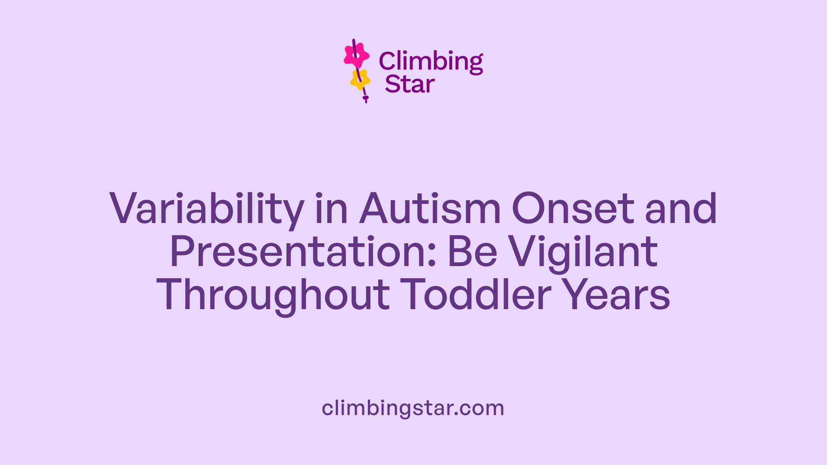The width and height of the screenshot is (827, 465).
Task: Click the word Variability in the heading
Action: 207,209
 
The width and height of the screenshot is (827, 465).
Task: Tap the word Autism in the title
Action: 430,209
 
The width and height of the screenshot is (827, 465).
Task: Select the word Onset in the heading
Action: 573,209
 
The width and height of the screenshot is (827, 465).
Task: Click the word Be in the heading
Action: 473,252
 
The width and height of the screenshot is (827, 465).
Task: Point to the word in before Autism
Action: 331,209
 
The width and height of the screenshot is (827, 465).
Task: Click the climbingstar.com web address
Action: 413,408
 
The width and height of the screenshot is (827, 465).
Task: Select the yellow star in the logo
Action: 360,79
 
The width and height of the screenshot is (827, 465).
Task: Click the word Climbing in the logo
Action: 431,62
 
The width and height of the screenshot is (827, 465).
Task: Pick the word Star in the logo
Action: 410,84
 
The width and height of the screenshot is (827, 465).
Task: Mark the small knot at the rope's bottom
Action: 366,98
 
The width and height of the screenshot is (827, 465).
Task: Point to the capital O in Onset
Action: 530,209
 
